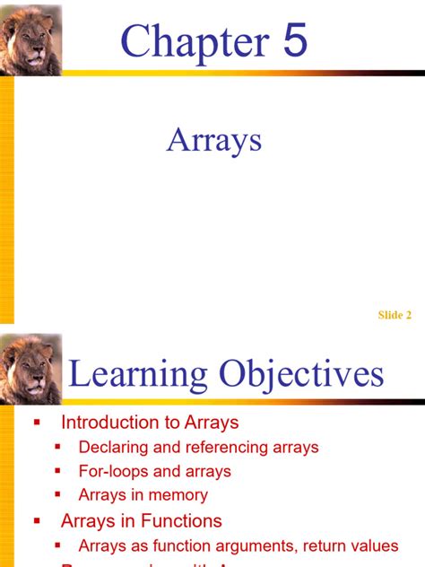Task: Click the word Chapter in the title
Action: pos(194,42)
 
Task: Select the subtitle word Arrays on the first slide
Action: pos(213,140)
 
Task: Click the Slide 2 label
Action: pos(395,315)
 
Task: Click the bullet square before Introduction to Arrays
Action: pos(38,422)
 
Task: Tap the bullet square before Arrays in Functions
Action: pos(38,520)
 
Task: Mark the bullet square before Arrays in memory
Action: pos(58,495)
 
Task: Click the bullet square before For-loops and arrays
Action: pos(58,471)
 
